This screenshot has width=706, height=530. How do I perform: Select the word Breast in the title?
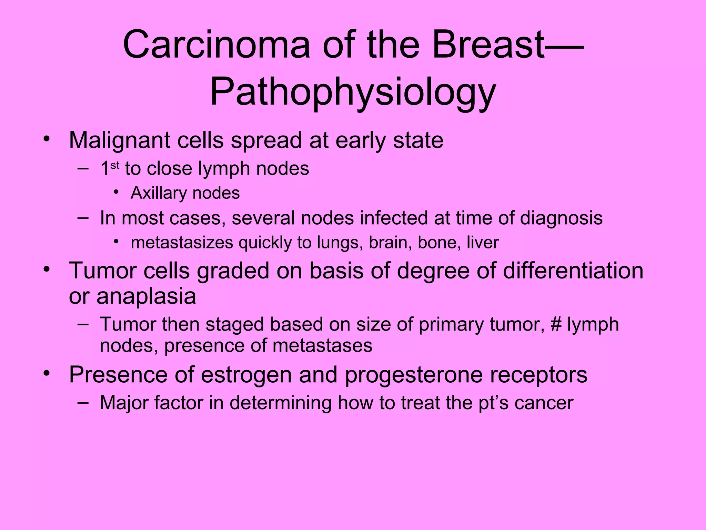point(488,45)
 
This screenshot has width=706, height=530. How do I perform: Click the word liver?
point(482,243)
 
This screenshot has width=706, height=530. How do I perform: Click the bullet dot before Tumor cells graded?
point(47,269)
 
